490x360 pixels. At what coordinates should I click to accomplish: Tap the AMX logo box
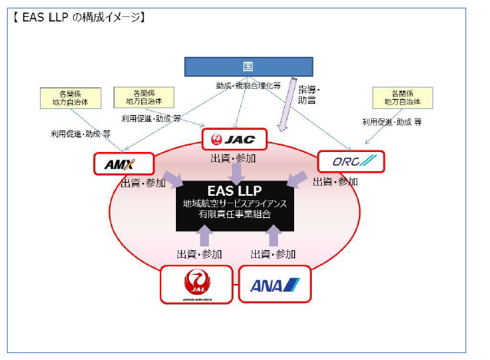coord(124,163)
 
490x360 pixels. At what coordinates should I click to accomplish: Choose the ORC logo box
coord(349,162)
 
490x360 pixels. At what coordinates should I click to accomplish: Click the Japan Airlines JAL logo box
coord(195,284)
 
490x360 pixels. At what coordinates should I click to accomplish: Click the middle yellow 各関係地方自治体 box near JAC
coord(143,97)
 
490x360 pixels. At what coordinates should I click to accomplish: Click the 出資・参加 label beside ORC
coord(335,182)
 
